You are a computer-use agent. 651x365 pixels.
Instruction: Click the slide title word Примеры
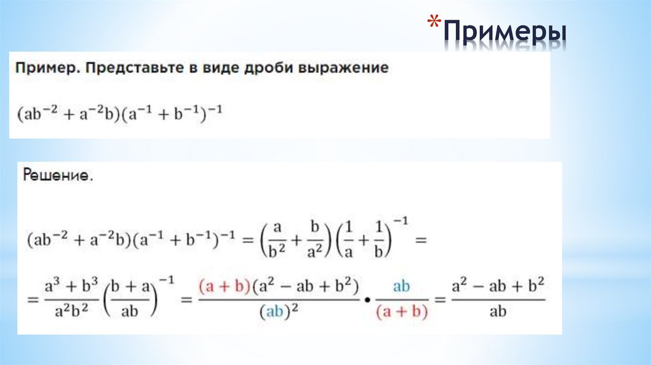(506, 31)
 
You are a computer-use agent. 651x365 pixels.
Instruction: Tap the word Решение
(58, 175)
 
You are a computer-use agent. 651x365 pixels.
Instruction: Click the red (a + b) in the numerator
(222, 287)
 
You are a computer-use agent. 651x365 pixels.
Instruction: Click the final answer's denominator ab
(498, 312)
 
